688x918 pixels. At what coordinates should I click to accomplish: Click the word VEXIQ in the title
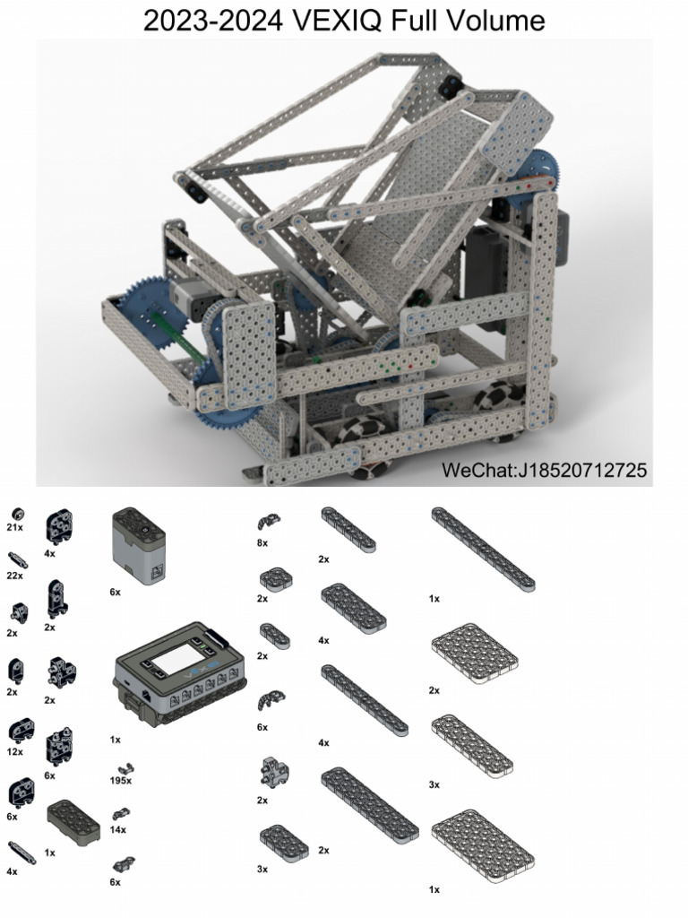[x=335, y=20]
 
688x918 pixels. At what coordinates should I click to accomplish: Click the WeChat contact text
[x=544, y=470]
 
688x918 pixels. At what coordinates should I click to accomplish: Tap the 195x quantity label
[x=120, y=781]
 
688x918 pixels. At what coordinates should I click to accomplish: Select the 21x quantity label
[x=14, y=528]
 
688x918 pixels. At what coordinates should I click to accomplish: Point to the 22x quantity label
[x=14, y=575]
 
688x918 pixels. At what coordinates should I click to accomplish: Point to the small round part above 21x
[x=15, y=514]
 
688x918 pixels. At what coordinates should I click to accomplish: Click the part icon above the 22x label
[x=17, y=560]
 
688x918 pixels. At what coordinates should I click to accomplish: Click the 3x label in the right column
[x=434, y=784]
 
